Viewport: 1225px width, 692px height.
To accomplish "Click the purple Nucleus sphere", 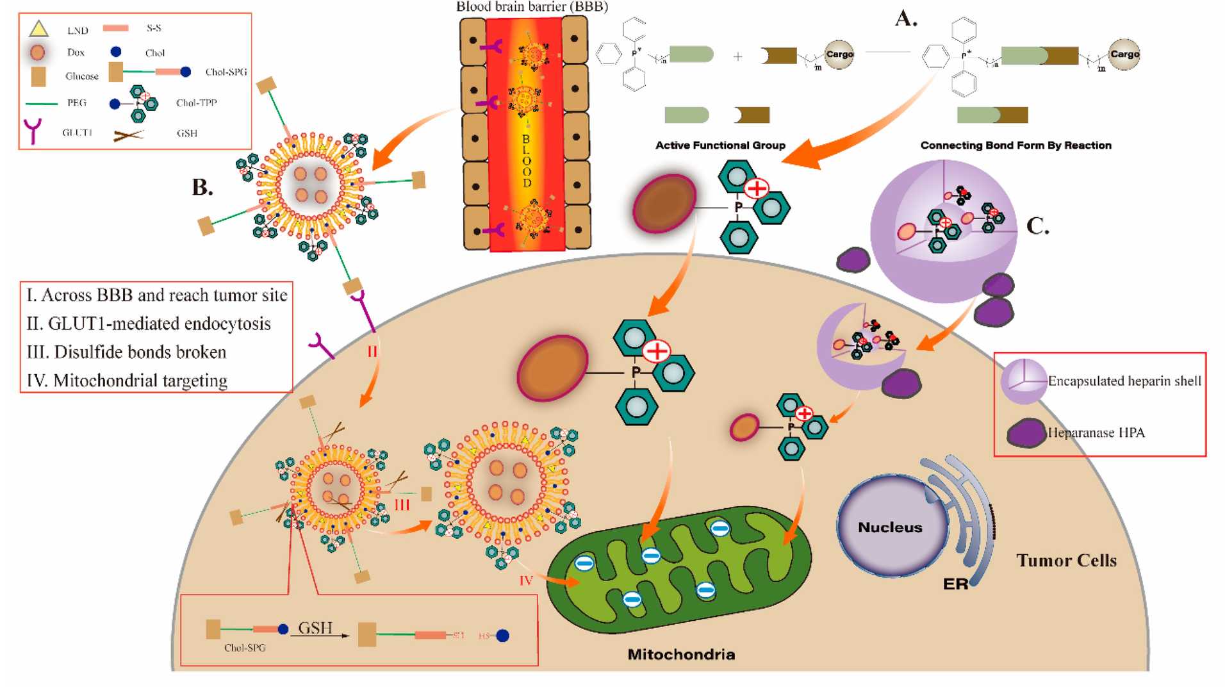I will (x=891, y=527).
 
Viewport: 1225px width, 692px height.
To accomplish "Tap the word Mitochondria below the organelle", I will (x=680, y=654).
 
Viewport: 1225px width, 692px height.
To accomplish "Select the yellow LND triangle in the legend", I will (x=39, y=29).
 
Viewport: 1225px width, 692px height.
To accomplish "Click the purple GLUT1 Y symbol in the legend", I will (x=33, y=131).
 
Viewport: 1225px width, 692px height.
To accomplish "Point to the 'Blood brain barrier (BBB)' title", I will (x=532, y=7).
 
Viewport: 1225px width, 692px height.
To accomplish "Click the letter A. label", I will (x=906, y=19).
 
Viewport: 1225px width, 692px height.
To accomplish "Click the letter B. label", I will (x=202, y=187).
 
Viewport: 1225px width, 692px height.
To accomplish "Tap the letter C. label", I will (x=1037, y=226).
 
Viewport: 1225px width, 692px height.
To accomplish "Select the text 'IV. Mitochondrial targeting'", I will (x=127, y=381).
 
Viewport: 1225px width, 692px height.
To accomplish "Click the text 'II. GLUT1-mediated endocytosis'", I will (x=149, y=324).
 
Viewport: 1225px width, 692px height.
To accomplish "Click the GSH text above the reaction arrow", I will (x=315, y=628).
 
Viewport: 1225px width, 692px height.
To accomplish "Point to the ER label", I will (x=955, y=584).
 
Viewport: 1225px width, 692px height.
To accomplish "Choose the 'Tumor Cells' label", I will (x=1066, y=561).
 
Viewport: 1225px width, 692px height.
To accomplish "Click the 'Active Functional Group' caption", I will (x=720, y=145).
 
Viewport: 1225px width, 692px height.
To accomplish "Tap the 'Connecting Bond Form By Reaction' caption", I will (x=1015, y=145).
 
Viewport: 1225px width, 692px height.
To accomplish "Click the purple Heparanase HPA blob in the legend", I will (x=1026, y=433).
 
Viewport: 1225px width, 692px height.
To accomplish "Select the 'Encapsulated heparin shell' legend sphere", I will (x=1023, y=381).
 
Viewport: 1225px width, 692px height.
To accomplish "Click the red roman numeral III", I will (x=402, y=505).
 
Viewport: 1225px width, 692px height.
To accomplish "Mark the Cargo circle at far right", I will (x=1124, y=54).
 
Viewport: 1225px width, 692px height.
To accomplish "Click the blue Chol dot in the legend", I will (x=116, y=51).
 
